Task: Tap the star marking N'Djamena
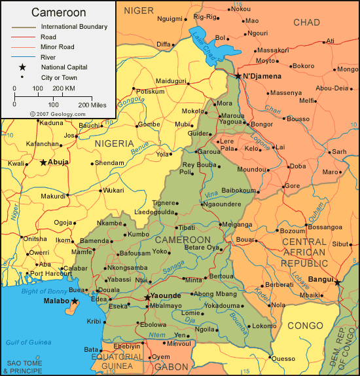click(x=238, y=76)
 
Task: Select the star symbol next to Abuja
click(x=43, y=162)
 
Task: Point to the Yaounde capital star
click(x=147, y=297)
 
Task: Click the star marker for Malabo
click(x=75, y=301)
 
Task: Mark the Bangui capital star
click(x=338, y=282)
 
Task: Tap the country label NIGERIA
click(x=115, y=143)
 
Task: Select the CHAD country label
click(x=306, y=22)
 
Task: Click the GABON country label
click(x=171, y=367)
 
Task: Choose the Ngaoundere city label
click(x=223, y=204)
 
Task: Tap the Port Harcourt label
click(x=46, y=274)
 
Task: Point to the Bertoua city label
click(x=221, y=276)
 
